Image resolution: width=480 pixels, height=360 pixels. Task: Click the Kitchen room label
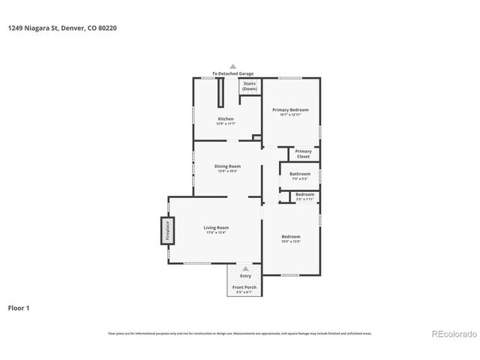coord(226,118)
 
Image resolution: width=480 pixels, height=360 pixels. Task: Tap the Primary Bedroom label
coord(290,109)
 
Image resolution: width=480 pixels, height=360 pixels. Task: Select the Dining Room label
coord(227,166)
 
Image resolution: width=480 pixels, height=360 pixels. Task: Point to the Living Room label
coord(216,227)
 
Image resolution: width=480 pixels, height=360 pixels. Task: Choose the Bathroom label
coord(300,174)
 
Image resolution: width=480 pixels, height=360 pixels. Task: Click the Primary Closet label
coord(303,154)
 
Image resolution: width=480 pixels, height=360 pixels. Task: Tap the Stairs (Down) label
coord(249,86)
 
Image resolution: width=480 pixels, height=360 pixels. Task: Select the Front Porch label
coord(244,287)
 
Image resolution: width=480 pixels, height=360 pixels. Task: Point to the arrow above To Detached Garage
coord(232,66)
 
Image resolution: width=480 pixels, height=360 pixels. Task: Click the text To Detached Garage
coord(232,73)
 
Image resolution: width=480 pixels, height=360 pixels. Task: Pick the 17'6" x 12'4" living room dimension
coord(216,232)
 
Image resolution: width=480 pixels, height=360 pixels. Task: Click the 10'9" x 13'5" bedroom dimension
coord(290,241)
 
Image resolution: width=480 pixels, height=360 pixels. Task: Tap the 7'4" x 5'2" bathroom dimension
coord(300,179)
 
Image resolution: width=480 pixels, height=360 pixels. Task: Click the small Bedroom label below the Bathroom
coord(304,194)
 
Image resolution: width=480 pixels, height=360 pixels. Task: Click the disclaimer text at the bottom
coord(240,333)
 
